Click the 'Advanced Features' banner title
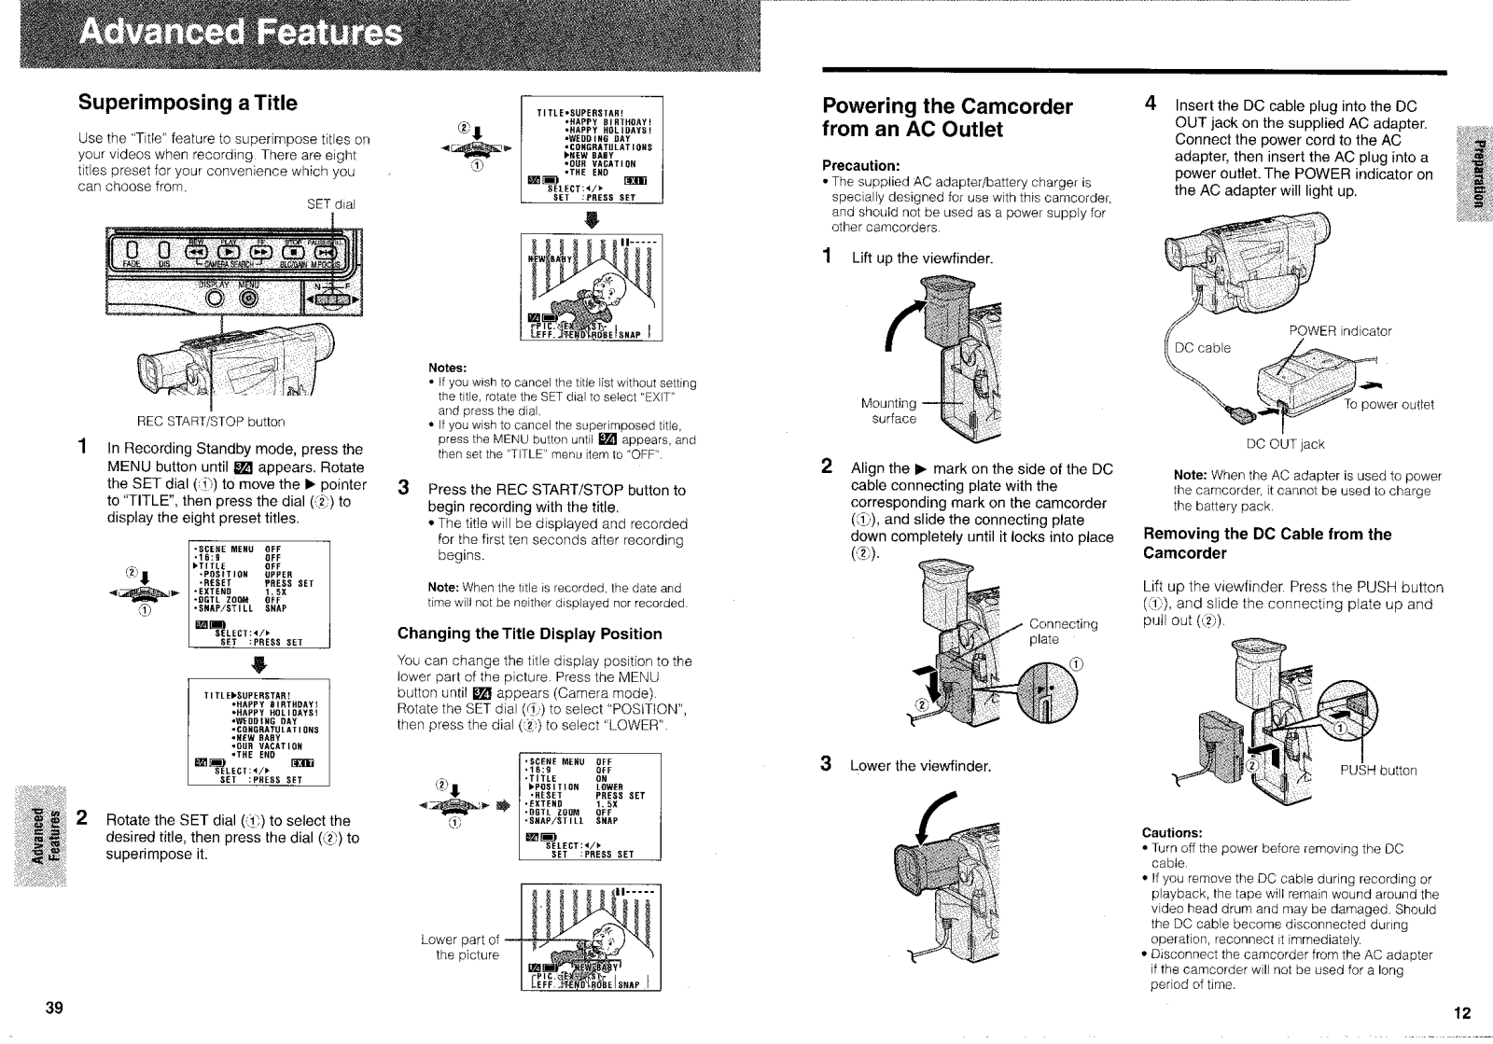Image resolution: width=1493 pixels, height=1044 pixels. [x=240, y=35]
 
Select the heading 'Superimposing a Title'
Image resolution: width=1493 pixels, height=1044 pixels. [x=188, y=102]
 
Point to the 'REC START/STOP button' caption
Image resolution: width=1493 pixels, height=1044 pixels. [x=210, y=422]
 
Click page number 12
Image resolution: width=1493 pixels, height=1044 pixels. [x=1461, y=1013]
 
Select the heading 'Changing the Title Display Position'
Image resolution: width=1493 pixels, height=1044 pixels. [x=530, y=633]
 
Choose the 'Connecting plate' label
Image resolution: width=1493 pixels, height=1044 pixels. [x=1063, y=631]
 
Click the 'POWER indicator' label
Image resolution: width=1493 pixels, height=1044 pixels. [x=1340, y=331]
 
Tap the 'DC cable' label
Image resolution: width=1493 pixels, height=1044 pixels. [x=1202, y=348]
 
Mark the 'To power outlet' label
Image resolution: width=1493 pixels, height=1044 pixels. [x=1388, y=404]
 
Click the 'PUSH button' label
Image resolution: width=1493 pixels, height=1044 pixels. [x=1378, y=770]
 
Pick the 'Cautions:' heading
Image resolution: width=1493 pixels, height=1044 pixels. [x=1172, y=832]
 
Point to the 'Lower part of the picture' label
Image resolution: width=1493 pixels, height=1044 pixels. [x=460, y=947]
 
